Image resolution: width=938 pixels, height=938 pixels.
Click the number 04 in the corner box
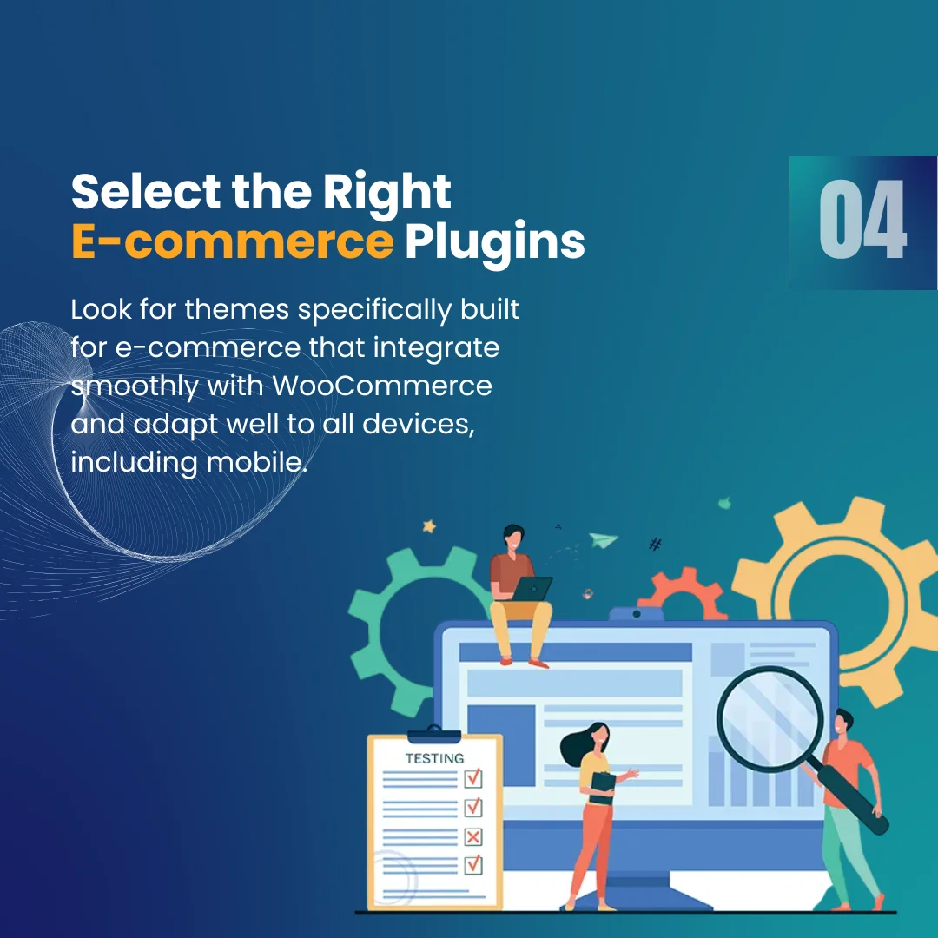[862, 220]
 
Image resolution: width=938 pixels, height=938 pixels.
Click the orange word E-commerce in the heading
[232, 241]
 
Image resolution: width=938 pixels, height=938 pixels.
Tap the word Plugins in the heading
[495, 243]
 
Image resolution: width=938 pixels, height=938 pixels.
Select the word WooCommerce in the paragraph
[382, 386]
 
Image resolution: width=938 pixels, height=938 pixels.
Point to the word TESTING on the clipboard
[435, 758]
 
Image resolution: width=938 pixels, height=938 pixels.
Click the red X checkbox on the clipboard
[473, 836]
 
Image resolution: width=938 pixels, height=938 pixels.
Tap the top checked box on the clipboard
[473, 777]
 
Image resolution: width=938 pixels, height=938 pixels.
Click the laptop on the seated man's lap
[532, 589]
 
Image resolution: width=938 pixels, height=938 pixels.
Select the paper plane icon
[603, 539]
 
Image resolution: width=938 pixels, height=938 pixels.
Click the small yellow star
[430, 526]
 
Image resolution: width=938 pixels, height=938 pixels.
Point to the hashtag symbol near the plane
[656, 544]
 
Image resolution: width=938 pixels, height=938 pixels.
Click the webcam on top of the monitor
[637, 614]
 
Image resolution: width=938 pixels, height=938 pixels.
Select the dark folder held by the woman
[602, 788]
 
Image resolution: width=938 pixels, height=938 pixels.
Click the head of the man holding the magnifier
[842, 723]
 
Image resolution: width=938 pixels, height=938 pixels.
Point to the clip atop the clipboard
[434, 735]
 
